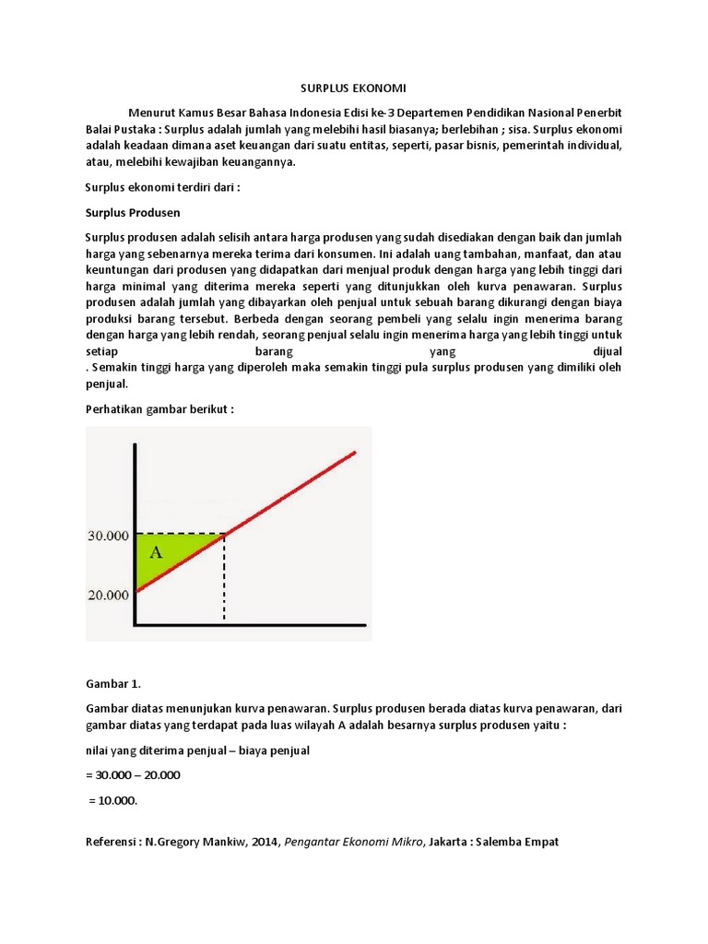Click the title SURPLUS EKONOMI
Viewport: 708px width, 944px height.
click(354, 88)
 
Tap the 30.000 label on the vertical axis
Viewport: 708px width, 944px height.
click(108, 534)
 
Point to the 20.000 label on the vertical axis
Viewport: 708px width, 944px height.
click(108, 595)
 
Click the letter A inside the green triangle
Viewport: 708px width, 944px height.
click(155, 553)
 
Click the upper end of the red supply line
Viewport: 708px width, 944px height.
click(353, 453)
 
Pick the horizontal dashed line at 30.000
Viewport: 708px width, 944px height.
click(181, 534)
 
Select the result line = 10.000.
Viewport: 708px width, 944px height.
click(112, 800)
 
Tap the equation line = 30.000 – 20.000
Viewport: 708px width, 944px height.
click(133, 775)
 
